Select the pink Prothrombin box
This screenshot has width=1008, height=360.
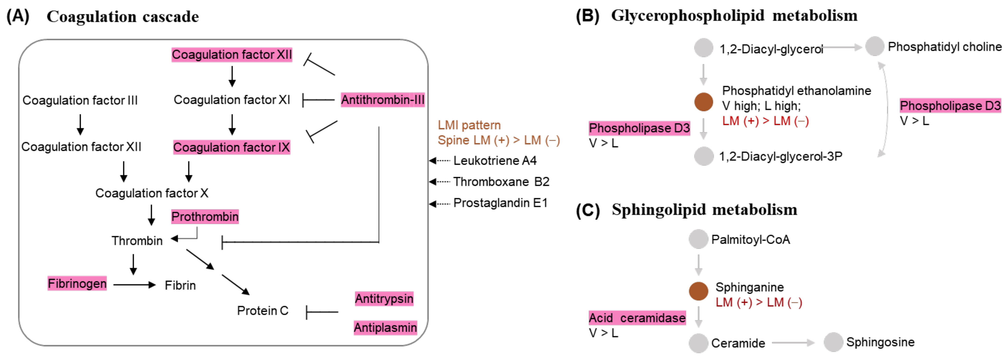pyautogui.click(x=205, y=216)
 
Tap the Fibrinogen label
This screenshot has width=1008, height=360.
pyautogui.click(x=77, y=283)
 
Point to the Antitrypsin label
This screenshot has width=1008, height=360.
pyautogui.click(x=384, y=299)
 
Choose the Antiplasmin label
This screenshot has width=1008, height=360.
pyautogui.click(x=385, y=328)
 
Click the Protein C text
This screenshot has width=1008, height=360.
pyautogui.click(x=263, y=311)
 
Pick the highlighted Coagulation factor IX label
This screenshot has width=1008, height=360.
pyautogui.click(x=231, y=148)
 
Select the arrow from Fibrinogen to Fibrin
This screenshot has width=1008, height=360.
pyautogui.click(x=134, y=285)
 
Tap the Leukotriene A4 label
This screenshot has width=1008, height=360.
pyautogui.click(x=495, y=161)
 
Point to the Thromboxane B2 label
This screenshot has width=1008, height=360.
pyautogui.click(x=501, y=182)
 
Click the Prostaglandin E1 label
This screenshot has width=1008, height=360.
pyautogui.click(x=500, y=203)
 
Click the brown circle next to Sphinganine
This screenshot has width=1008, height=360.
pyautogui.click(x=699, y=291)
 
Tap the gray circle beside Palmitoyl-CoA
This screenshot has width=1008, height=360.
pyautogui.click(x=699, y=239)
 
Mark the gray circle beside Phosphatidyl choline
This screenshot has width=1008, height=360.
pyautogui.click(x=874, y=46)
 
